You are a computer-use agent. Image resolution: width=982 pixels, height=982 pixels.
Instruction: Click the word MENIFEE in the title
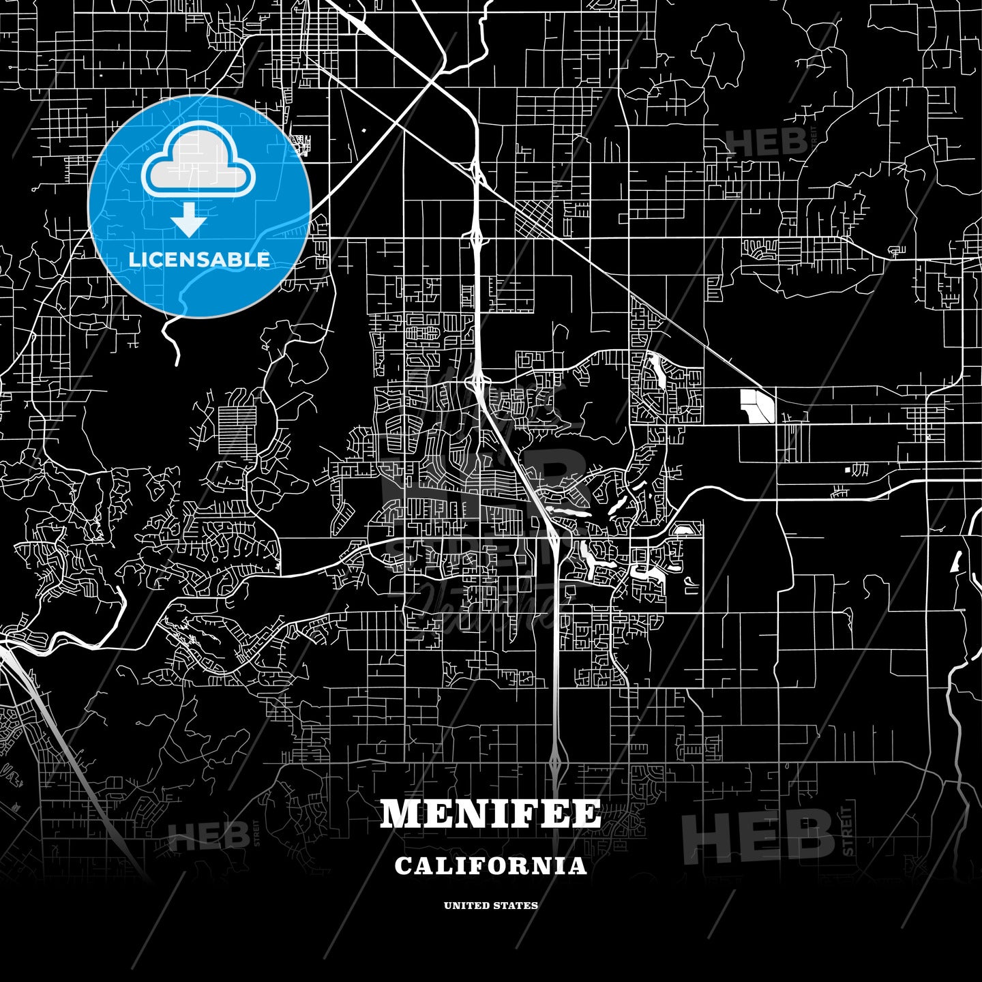pos(490,814)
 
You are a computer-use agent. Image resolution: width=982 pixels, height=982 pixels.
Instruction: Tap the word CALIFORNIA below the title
pos(490,865)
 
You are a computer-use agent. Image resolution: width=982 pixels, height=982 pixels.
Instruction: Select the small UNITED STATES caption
pos(490,906)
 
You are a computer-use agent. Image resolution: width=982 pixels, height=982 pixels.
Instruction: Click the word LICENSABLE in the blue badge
pos(199,260)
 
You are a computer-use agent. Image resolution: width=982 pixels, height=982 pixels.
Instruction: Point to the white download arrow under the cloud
pos(189,221)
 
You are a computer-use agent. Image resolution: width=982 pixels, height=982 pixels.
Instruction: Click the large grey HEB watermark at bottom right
pos(758,835)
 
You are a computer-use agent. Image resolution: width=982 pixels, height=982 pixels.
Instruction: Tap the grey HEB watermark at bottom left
pos(208,837)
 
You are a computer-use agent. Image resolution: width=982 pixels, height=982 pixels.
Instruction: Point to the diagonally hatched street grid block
pos(536,217)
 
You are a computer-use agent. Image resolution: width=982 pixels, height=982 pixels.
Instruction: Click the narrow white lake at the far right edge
pos(956,561)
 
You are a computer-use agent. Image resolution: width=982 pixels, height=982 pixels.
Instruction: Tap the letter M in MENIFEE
pos(398,814)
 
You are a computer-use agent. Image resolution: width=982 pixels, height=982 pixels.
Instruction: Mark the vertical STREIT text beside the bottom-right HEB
pos(848,831)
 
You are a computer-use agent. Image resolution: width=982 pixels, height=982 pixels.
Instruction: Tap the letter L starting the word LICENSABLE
pos(134,260)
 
